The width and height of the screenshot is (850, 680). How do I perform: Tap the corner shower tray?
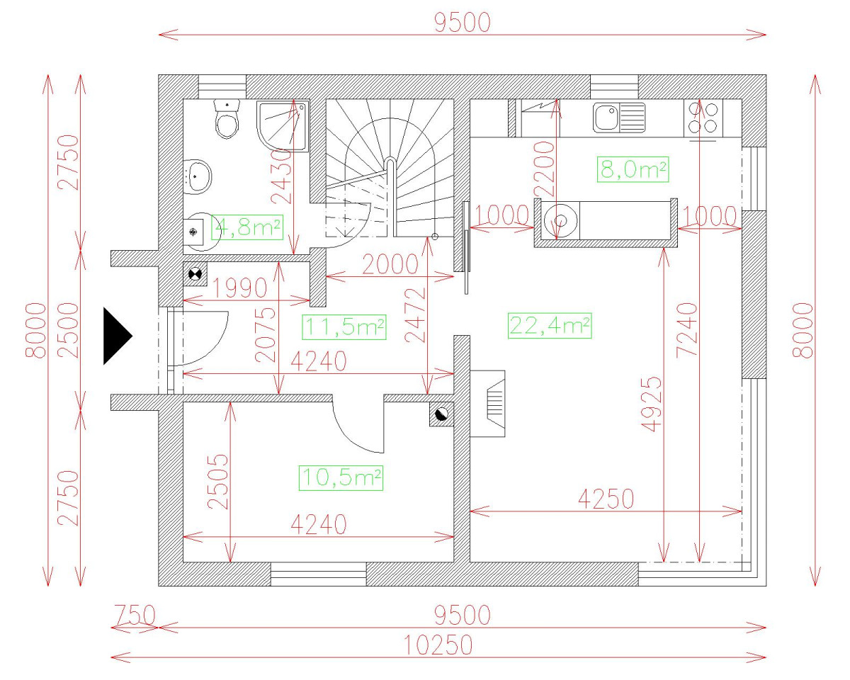(x=283, y=126)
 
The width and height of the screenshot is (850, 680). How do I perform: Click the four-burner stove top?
(x=703, y=117)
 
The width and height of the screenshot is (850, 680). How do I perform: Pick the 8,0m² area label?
(x=633, y=169)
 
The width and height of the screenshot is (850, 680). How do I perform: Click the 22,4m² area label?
(x=550, y=326)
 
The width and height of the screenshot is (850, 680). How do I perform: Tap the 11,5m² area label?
(x=344, y=327)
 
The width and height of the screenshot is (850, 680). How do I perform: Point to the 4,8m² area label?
(x=247, y=227)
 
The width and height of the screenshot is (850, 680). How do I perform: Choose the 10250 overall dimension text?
(x=438, y=645)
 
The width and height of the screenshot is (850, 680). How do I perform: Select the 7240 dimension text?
(x=686, y=330)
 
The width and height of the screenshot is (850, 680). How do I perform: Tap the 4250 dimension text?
(x=606, y=499)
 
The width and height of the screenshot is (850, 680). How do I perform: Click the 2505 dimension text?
(x=217, y=482)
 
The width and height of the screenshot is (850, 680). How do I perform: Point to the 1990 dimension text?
(x=239, y=288)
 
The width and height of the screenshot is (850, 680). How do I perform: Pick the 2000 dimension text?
(x=390, y=264)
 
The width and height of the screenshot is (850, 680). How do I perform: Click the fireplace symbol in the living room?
(x=488, y=404)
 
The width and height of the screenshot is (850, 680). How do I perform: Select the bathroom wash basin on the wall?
(x=198, y=177)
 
